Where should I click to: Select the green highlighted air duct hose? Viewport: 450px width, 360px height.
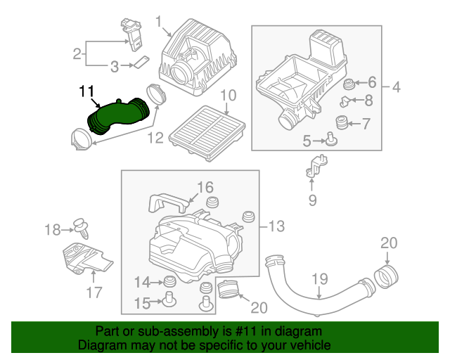(117, 115)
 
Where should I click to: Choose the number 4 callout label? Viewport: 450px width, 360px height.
(395, 88)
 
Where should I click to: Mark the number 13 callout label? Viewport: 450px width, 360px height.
(276, 226)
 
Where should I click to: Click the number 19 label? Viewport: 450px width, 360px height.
(320, 279)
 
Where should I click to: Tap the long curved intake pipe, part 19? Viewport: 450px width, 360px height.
(309, 288)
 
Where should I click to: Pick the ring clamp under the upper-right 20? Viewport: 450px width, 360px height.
(385, 276)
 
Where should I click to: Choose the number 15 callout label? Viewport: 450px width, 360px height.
(143, 303)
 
